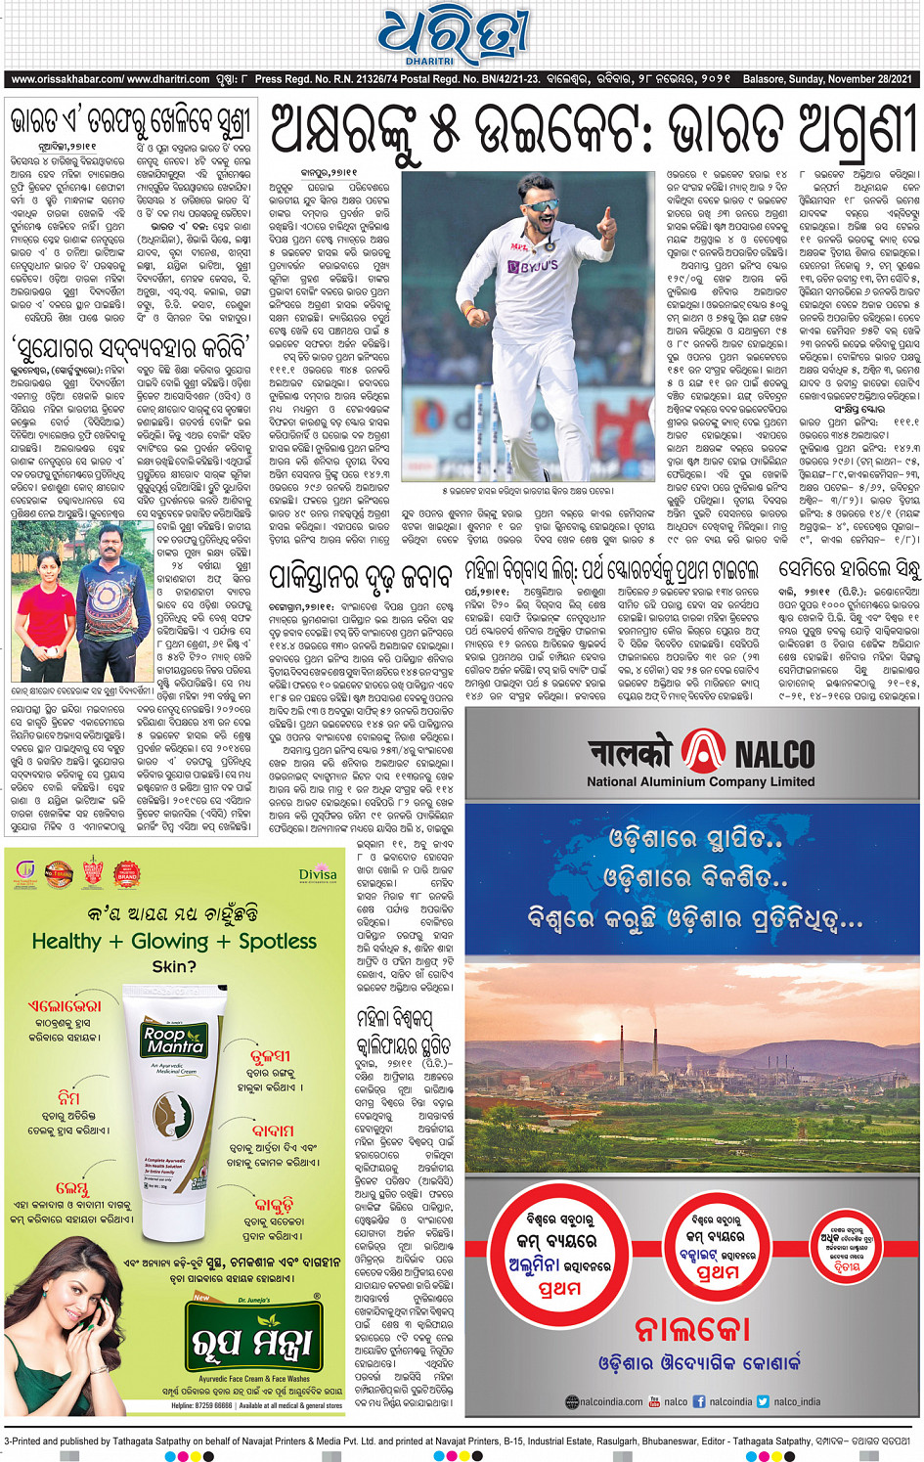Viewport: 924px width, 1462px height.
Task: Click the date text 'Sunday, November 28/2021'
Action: tap(851, 79)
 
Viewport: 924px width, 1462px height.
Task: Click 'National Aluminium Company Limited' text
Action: tap(700, 781)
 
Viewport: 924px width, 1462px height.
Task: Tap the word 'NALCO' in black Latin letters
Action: tap(774, 754)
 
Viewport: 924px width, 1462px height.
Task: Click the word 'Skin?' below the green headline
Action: tap(174, 966)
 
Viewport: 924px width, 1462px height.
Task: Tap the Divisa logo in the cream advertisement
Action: tap(318, 874)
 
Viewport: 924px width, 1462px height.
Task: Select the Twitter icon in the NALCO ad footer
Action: tap(763, 1401)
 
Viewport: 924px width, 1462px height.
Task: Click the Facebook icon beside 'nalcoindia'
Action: tap(699, 1401)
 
